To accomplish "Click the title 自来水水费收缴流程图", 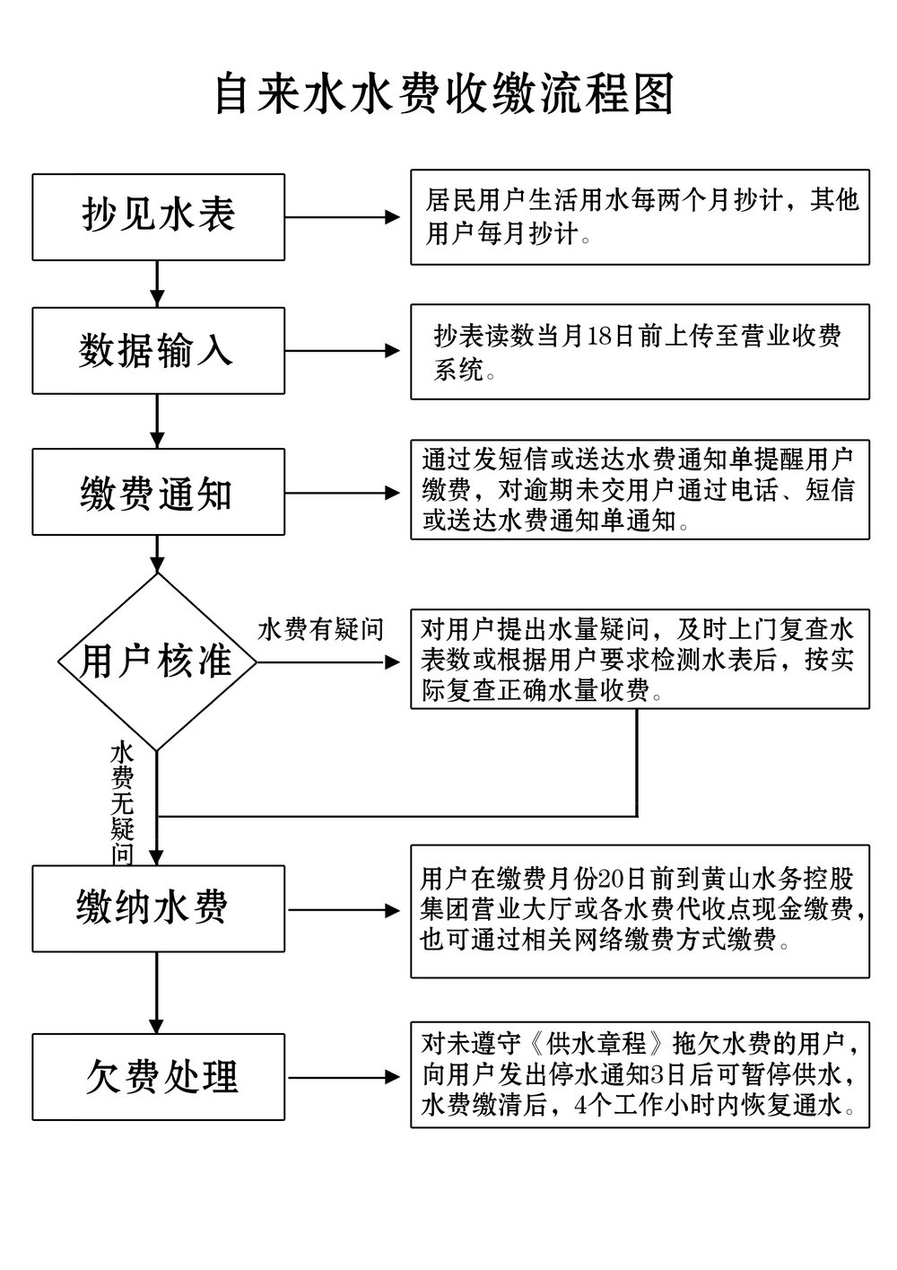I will pyautogui.click(x=443, y=94).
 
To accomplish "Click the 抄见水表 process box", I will pyautogui.click(x=158, y=216).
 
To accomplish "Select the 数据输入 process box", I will pyautogui.click(x=158, y=351).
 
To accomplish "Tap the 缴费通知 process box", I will pyautogui.click(x=158, y=493).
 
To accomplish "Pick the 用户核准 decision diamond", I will pyautogui.click(x=157, y=662).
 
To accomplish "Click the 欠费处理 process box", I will pyautogui.click(x=158, y=1077).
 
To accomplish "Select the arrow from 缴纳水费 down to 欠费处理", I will pyautogui.click(x=158, y=994).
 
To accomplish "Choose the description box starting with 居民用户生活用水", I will pyautogui.click(x=640, y=217).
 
